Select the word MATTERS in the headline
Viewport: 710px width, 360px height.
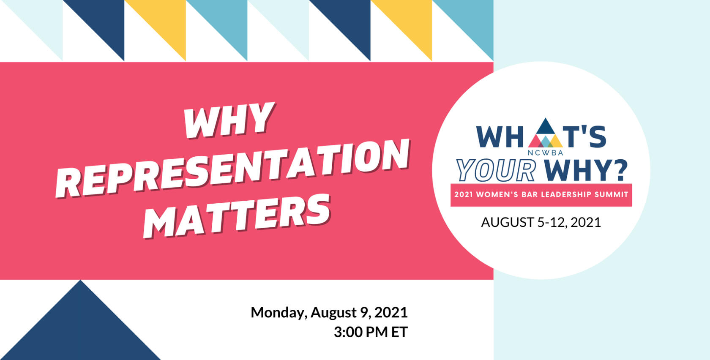coord(237,215)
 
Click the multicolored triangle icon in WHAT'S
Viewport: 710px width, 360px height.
coord(545,133)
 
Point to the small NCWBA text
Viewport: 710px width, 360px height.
coord(545,153)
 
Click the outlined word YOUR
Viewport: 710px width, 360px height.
coord(496,170)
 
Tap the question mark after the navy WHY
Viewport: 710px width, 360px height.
coord(620,170)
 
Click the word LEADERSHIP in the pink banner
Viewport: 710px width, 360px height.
coord(566,194)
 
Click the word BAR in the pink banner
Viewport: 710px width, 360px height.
coord(530,194)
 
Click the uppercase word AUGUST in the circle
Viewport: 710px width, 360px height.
coord(508,222)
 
